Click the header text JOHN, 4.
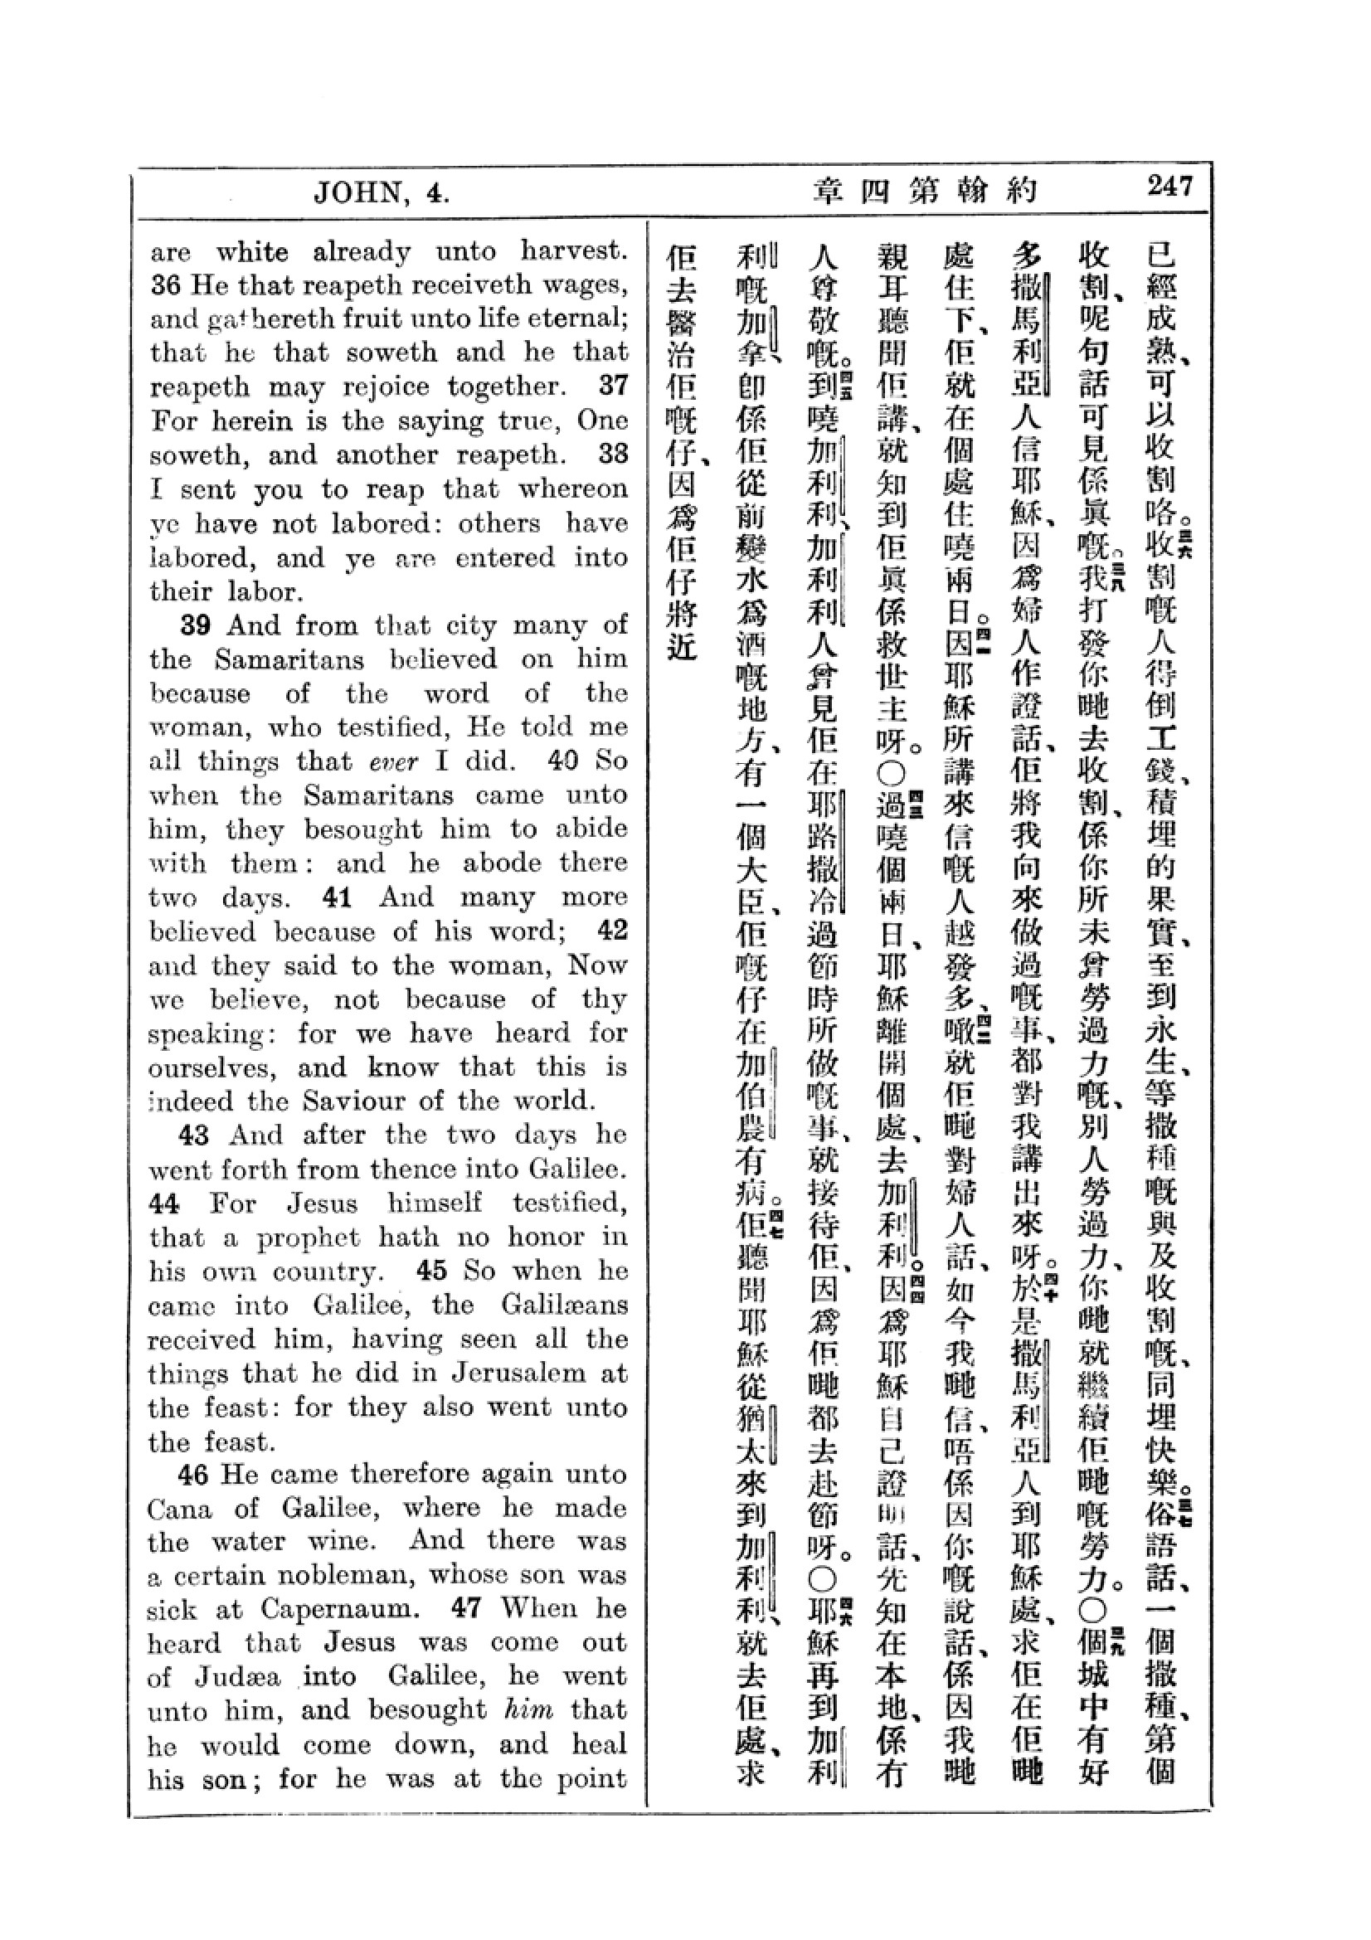point(381,193)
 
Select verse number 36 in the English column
point(167,285)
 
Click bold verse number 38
point(613,454)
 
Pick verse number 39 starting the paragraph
point(196,625)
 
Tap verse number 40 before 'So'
point(562,761)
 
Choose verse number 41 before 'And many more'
point(337,897)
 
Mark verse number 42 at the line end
point(612,931)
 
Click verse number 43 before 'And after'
point(194,1135)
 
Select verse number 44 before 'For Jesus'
point(164,1203)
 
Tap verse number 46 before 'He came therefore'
point(192,1475)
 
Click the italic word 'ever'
point(394,762)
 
